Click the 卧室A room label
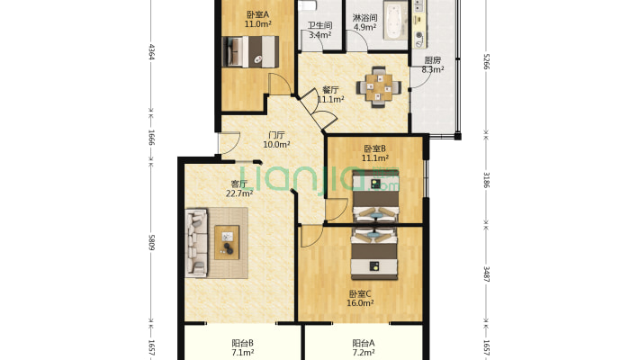coord(257,14)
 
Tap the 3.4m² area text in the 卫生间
coord(319,35)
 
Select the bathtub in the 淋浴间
coord(395,21)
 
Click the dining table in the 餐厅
coord(379,87)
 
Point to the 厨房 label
coord(432,60)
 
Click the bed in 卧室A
coord(250,52)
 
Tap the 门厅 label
coord(276,135)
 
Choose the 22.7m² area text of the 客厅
coord(239,193)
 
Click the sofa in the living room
coord(196,243)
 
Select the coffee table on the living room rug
coord(227,242)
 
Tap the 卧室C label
coord(360,293)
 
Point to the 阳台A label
coord(364,343)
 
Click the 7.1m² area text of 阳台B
coord(243,353)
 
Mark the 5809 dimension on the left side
coord(151,242)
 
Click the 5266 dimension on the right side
coord(486,61)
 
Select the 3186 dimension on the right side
coord(486,179)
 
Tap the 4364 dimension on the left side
coord(151,52)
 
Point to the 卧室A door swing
coord(281,85)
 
